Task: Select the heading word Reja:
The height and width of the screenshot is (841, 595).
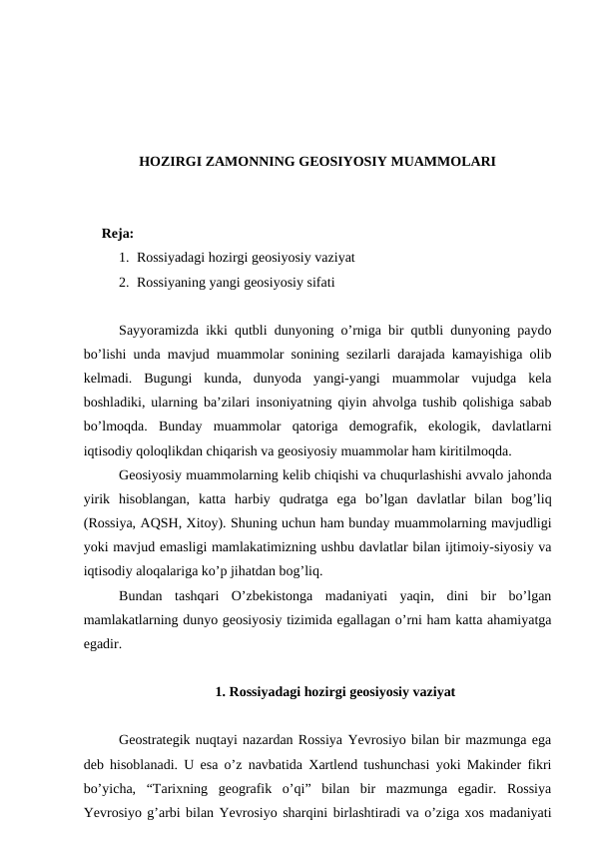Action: coord(118,235)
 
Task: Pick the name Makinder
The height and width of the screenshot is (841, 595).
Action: coord(488,764)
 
